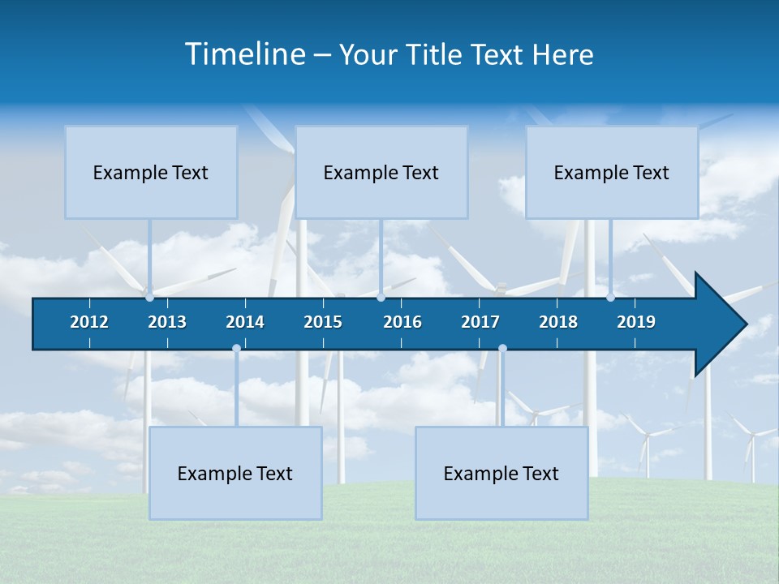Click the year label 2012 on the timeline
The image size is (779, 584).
89,322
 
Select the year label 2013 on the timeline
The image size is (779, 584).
167,322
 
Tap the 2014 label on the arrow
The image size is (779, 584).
245,322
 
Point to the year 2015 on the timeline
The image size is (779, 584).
323,322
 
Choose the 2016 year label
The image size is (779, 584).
402,322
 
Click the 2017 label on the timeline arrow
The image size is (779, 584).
480,322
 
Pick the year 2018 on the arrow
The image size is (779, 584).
558,322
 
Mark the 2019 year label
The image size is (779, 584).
636,322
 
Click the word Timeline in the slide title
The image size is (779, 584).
244,54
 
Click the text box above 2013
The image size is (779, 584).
151,172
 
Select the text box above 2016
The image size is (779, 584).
381,172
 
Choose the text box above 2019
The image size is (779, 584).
612,172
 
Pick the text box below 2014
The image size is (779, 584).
235,473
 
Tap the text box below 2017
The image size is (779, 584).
501,473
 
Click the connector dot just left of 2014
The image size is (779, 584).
236,348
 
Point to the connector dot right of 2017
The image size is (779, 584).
502,348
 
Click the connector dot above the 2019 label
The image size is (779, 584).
610,298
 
